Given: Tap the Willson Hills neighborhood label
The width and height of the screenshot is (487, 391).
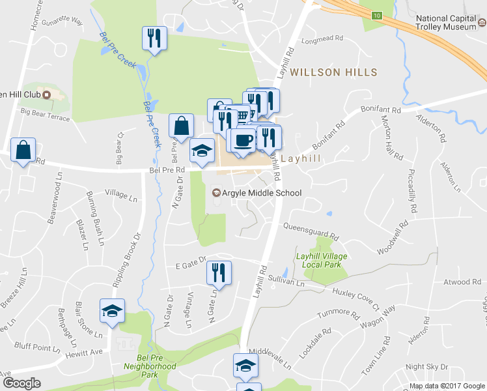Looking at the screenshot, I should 334,72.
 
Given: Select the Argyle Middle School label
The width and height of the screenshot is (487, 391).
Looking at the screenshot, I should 258,193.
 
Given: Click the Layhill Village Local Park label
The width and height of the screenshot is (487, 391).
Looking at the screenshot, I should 322,261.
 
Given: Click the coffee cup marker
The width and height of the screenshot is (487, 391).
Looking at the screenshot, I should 243,141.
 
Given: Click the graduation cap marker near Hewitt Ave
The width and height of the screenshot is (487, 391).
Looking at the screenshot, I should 112,311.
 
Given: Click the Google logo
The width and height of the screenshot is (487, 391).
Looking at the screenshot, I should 21,383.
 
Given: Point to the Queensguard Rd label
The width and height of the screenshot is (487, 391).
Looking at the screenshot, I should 311,231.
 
